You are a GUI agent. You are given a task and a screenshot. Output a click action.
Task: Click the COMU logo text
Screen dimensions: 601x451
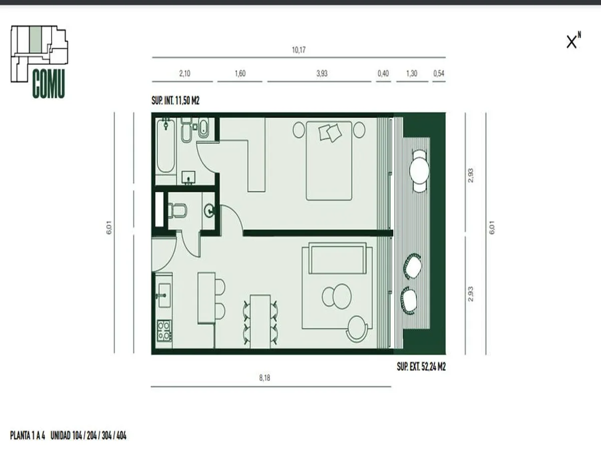(x=49, y=84)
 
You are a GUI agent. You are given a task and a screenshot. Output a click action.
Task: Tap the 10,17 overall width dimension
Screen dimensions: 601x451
(x=298, y=50)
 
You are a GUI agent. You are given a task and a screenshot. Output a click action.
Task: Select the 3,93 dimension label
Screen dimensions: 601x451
(x=322, y=73)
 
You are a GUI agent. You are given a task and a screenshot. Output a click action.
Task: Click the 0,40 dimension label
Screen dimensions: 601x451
(x=383, y=73)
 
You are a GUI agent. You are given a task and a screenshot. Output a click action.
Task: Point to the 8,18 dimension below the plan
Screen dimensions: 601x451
(x=264, y=378)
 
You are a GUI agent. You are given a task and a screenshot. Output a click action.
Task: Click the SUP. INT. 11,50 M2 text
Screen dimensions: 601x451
(x=175, y=101)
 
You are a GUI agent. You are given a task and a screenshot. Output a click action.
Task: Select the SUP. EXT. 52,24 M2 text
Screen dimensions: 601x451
(x=421, y=367)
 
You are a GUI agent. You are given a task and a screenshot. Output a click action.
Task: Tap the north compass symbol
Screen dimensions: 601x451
(x=573, y=41)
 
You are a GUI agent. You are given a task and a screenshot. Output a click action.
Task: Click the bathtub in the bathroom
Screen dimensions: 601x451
(x=166, y=146)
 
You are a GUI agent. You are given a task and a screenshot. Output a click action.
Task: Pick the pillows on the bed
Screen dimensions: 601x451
(x=330, y=132)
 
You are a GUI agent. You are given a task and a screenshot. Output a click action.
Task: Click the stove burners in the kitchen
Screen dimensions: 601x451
(x=164, y=331)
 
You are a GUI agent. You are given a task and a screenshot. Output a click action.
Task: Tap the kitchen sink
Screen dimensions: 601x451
(x=164, y=296)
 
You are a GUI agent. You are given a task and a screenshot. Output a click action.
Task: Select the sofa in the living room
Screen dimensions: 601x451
(x=338, y=258)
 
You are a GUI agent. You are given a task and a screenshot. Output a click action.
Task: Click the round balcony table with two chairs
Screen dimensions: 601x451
(x=419, y=170)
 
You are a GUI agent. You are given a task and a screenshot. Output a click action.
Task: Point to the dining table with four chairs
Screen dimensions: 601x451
(x=260, y=322)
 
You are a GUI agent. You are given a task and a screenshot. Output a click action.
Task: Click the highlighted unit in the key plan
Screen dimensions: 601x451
(x=36, y=39)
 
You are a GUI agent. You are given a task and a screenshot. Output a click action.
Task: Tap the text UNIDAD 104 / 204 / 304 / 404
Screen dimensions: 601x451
(x=89, y=435)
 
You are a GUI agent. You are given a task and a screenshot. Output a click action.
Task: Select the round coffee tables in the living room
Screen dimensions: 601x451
(x=337, y=296)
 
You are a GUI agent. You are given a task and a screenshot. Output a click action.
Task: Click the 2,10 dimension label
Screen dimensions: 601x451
(x=184, y=73)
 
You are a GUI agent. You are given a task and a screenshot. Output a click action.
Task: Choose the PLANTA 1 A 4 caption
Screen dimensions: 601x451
(x=28, y=435)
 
